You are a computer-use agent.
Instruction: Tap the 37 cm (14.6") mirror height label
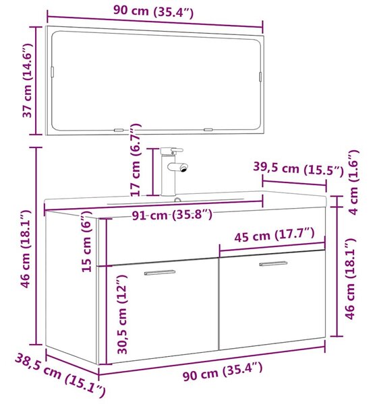tap(27, 80)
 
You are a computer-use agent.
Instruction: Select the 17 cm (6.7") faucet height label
tap(135, 159)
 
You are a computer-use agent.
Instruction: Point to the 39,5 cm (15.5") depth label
tap(298, 168)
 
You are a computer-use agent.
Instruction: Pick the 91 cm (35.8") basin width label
tap(172, 215)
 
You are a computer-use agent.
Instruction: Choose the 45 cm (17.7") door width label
tap(274, 234)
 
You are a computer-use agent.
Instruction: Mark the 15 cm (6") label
tap(86, 241)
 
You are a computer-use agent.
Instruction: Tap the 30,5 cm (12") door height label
tap(122, 314)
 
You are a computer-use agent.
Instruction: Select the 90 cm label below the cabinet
tap(223, 371)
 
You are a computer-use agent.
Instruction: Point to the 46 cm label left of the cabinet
tap(26, 249)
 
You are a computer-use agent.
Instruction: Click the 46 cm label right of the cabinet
tap(351, 279)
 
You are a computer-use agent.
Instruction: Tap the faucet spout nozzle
tap(183, 168)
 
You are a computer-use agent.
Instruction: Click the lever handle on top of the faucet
tap(177, 150)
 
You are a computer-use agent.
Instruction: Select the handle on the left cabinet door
tap(160, 272)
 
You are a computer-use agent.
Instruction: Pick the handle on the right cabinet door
tap(273, 263)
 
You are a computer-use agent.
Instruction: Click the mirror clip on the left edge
tap(53, 71)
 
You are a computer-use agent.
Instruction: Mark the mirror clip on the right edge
tap(260, 77)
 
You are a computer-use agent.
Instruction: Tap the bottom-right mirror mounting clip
tap(208, 129)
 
